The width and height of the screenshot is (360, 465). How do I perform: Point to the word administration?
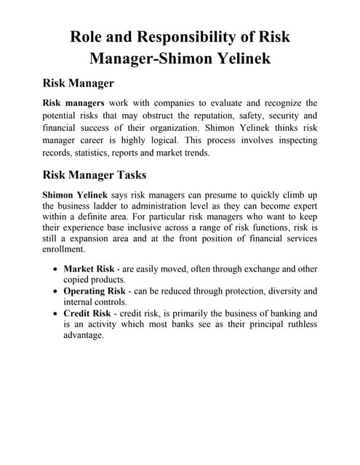[152, 206]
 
